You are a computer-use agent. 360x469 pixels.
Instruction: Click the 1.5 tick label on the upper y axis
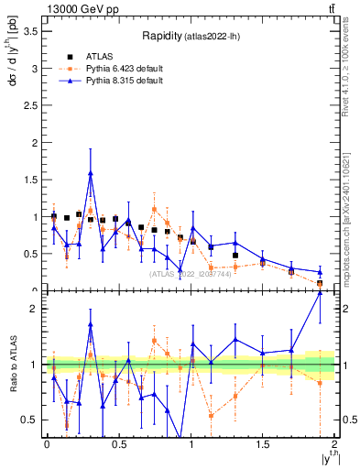coord(29,180)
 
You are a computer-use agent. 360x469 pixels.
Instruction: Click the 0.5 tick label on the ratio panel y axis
coord(29,420)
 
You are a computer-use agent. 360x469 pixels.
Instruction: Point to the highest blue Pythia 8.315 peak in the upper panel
coord(91,172)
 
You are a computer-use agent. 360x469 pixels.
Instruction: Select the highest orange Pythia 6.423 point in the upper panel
coord(154,207)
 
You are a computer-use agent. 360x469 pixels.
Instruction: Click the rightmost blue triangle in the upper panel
coord(320,272)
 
